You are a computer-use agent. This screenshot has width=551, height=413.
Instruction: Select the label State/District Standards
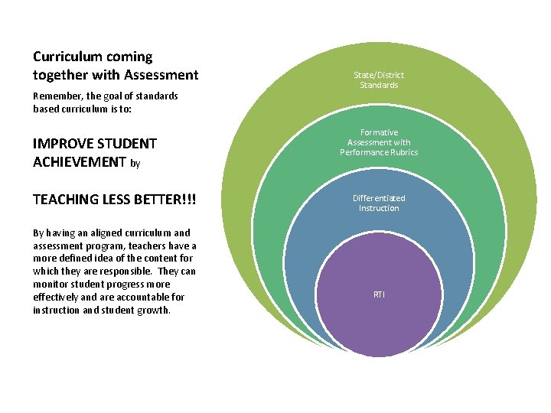pyautogui.click(x=379, y=80)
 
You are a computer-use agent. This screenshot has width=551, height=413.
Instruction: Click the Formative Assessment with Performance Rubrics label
pyautogui.click(x=379, y=142)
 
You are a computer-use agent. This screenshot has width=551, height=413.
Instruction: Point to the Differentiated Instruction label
pyautogui.click(x=379, y=203)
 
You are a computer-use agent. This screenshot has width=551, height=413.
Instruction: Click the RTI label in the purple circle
pyautogui.click(x=379, y=294)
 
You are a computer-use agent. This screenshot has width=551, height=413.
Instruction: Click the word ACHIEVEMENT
pyautogui.click(x=80, y=162)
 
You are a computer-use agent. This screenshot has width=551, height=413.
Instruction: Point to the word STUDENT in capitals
pyautogui.click(x=128, y=144)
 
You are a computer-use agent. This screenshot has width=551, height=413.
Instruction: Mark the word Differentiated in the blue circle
pyautogui.click(x=379, y=198)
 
